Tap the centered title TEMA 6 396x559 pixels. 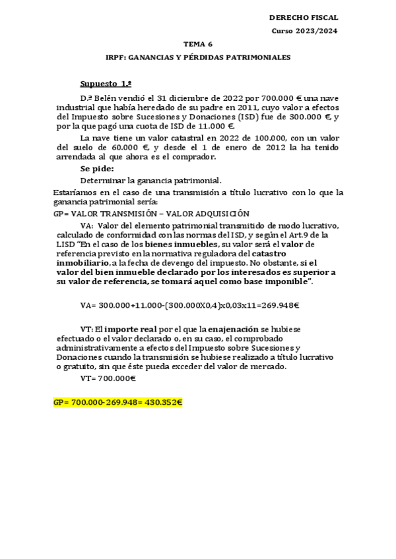198,45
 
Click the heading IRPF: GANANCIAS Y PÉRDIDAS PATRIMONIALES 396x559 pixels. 198,58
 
